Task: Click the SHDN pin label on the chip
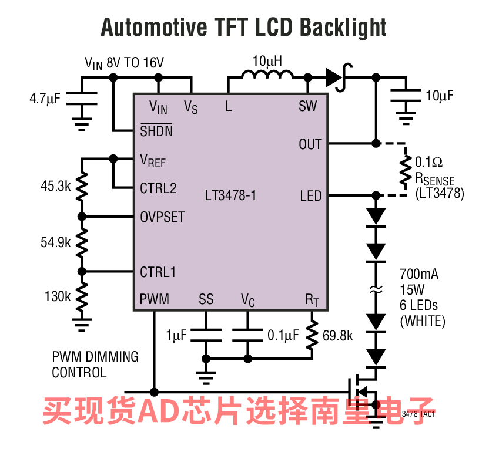pos(156,131)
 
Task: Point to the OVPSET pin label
pos(162,217)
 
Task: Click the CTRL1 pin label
pos(158,272)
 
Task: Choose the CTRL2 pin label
pos(158,188)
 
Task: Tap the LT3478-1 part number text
pos(230,195)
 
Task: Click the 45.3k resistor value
pos(55,187)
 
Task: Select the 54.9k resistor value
pos(55,242)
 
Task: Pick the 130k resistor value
pos(57,296)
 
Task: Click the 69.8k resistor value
pos(338,336)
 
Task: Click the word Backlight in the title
pos(343,27)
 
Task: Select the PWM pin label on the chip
pos(154,299)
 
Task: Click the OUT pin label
pos(310,144)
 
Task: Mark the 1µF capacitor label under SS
pos(176,336)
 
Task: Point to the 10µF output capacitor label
pos(440,96)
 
